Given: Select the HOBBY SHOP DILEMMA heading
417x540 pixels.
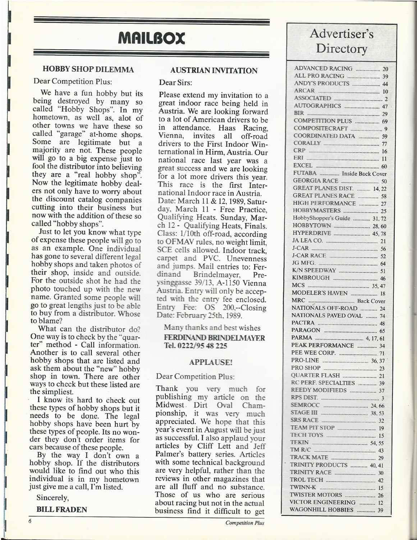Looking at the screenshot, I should pos(88,69).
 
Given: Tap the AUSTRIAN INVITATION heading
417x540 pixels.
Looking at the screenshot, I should pos(214,71).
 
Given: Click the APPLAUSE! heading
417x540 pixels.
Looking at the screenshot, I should pos(211,362).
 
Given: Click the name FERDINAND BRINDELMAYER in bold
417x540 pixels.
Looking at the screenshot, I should pos(214,338).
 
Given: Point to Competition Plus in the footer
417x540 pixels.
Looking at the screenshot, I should pos(245,523).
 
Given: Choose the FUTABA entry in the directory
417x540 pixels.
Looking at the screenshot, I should pos(305,173).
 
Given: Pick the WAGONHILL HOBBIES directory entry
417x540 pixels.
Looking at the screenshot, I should pos(321,510).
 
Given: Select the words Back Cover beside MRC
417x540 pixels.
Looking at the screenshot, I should pos(371,301).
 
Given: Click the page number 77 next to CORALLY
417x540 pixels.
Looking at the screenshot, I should pos(384,144).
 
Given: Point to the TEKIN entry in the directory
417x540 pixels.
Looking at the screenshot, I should pos(299,443).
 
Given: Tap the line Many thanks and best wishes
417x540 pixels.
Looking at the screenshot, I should pos(212,328).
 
